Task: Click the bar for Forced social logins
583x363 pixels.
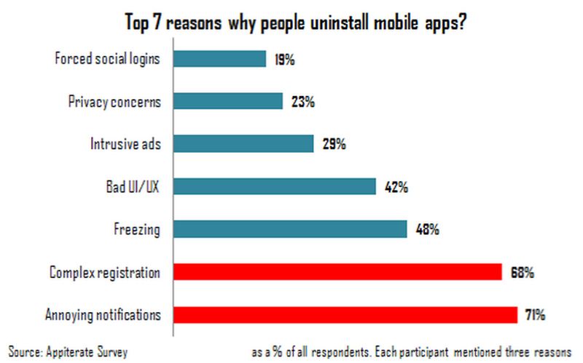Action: (x=220, y=59)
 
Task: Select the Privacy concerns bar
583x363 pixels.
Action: (x=229, y=101)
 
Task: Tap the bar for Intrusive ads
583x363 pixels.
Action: (x=244, y=143)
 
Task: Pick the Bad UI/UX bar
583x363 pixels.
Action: (x=275, y=186)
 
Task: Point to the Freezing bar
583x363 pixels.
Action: (x=291, y=228)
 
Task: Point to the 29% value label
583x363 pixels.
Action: (x=333, y=145)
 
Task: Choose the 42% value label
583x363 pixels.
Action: (x=395, y=188)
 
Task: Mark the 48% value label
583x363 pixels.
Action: (x=426, y=230)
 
